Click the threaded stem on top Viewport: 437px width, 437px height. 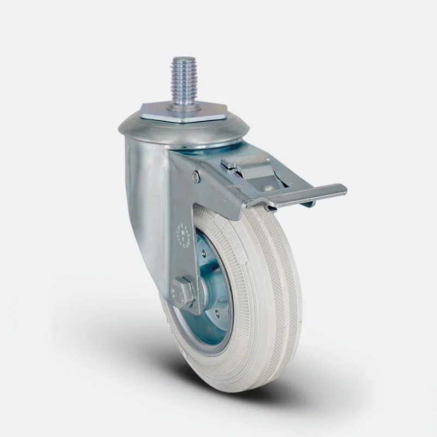pos(184,82)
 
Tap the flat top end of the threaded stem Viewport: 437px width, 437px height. pos(184,59)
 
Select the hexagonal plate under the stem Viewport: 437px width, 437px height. pos(183,113)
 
